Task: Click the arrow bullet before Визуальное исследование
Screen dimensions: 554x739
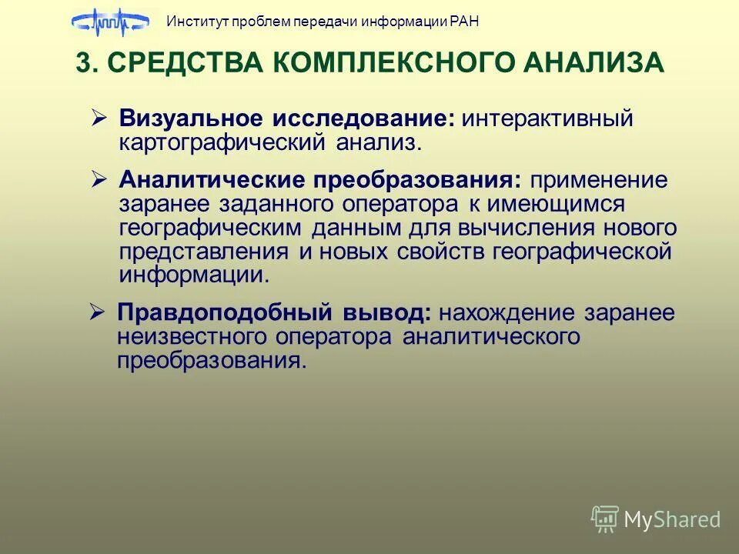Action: pyautogui.click(x=99, y=118)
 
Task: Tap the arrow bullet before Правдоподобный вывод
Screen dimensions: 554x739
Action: pyautogui.click(x=97, y=312)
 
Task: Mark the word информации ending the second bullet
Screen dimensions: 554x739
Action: pyautogui.click(x=194, y=275)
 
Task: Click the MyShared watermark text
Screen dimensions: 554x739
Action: pyautogui.click(x=671, y=520)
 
